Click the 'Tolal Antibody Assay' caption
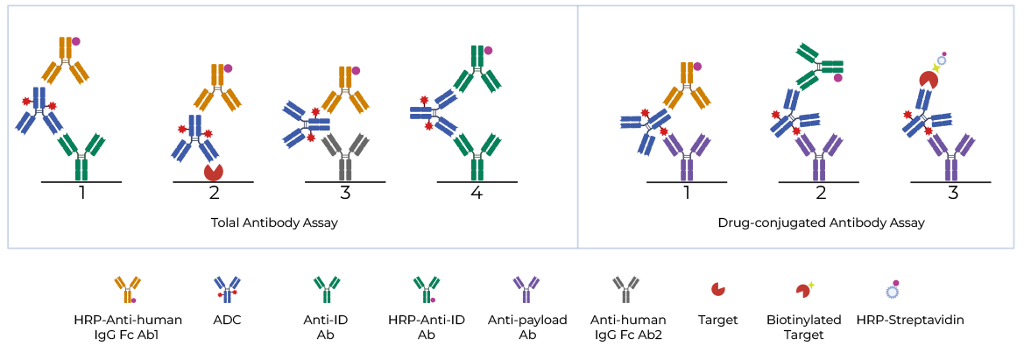274,223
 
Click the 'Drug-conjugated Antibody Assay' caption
821,223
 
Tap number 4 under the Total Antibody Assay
476,193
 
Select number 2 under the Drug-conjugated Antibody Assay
820,193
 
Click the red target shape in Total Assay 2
212,171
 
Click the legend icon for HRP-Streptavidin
893,290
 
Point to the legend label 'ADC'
227,321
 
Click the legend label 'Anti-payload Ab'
527,327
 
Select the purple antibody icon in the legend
526,288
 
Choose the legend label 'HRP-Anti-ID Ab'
427,327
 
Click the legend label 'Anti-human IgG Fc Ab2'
628,327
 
